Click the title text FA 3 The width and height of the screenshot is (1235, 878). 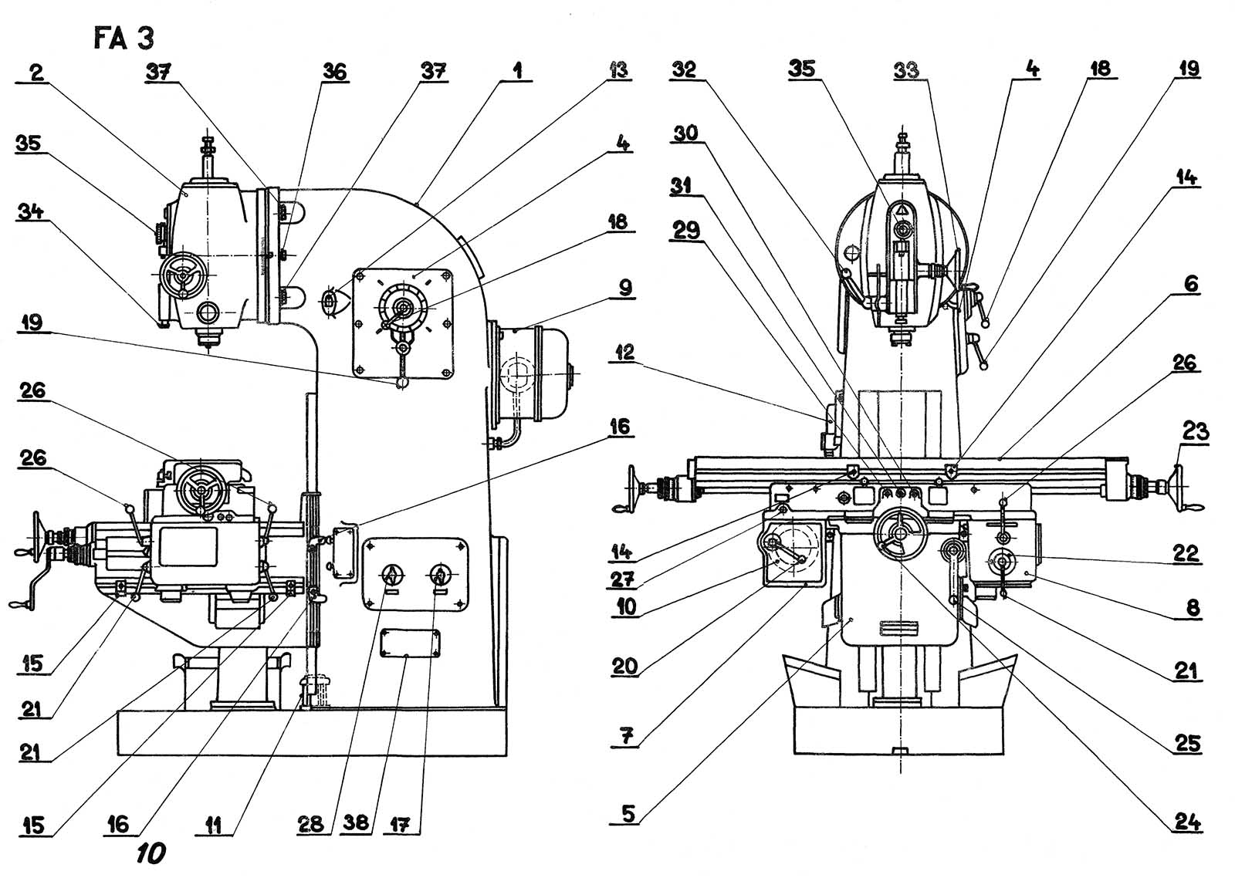[123, 39]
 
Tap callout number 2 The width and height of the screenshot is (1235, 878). [37, 73]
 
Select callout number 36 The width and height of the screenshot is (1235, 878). [334, 72]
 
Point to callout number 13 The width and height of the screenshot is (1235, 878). [618, 70]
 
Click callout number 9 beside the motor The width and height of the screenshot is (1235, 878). [624, 288]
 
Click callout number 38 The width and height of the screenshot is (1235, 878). [356, 823]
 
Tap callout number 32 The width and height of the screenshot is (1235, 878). [684, 70]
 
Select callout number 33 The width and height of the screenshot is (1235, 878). [906, 70]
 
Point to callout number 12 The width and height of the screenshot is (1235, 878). [621, 352]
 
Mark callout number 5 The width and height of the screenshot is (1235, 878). [628, 813]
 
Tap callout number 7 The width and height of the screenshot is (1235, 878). [627, 736]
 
